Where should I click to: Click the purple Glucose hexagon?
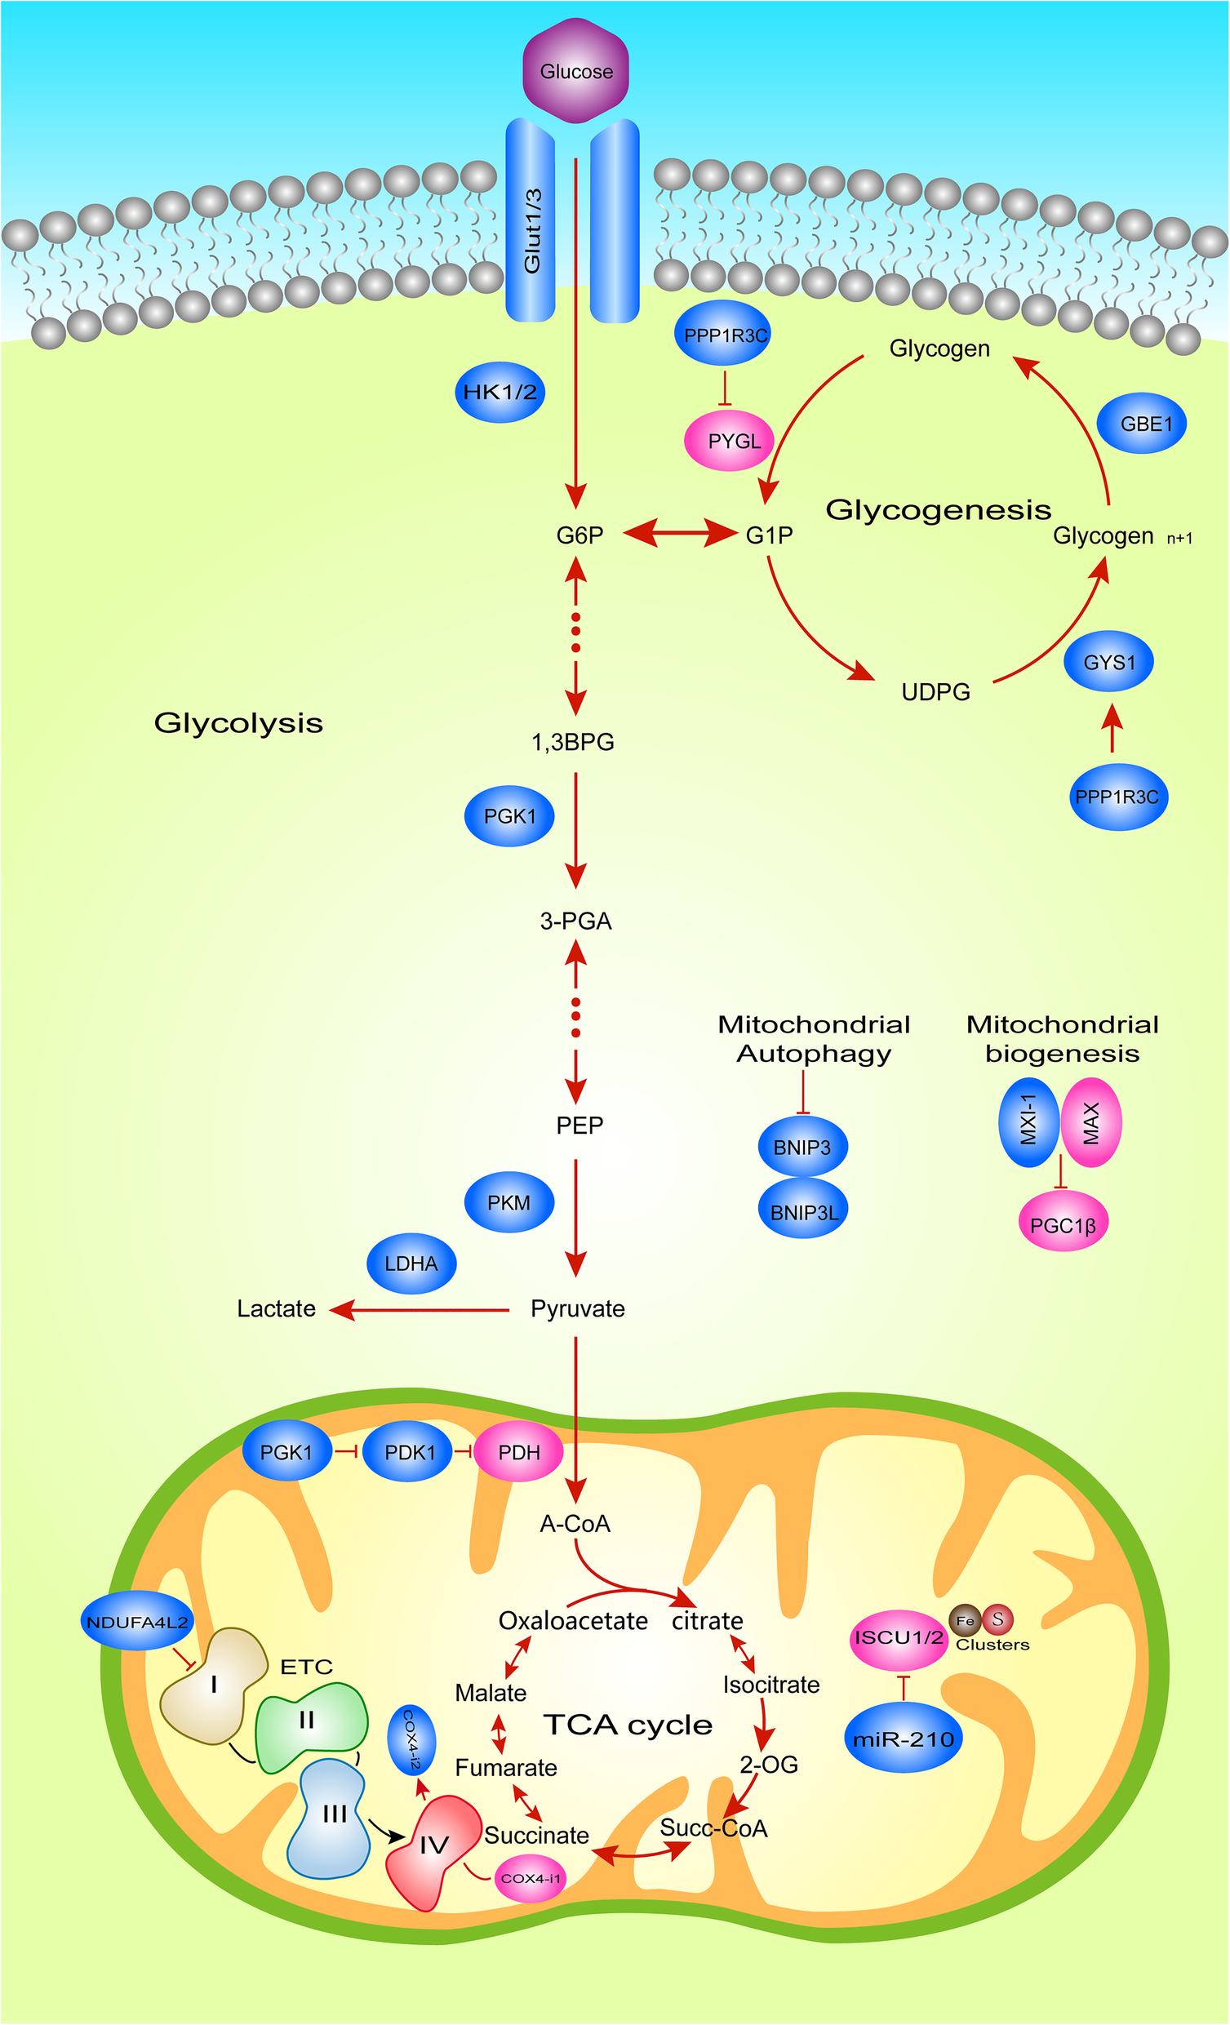point(575,71)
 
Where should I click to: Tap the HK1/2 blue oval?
point(500,392)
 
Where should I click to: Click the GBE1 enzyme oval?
point(1141,424)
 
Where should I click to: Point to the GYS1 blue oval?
point(1108,662)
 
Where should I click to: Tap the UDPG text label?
point(935,692)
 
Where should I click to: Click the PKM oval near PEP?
point(508,1202)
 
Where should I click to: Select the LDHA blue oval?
point(411,1263)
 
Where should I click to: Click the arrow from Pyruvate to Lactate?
point(419,1309)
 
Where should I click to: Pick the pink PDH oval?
point(518,1452)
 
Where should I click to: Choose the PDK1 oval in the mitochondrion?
point(408,1452)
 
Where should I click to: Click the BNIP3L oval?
point(803,1212)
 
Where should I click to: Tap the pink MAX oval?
point(1090,1123)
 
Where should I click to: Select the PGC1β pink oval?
point(1063,1225)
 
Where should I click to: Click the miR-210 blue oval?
point(903,1739)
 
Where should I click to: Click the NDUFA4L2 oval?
point(137,1623)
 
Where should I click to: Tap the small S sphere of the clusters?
point(997,1620)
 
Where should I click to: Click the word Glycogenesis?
point(938,510)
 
